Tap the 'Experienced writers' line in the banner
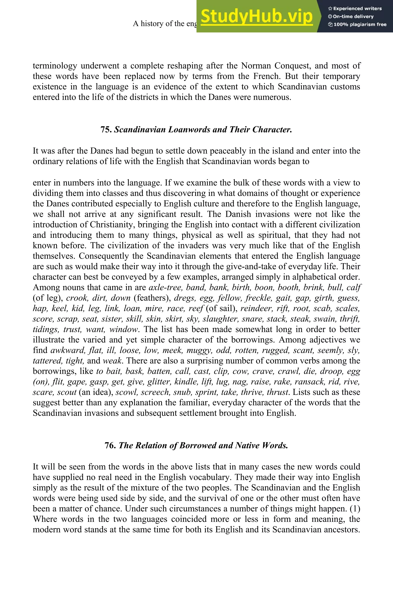pos(355,8)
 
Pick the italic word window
pos(124,329)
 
